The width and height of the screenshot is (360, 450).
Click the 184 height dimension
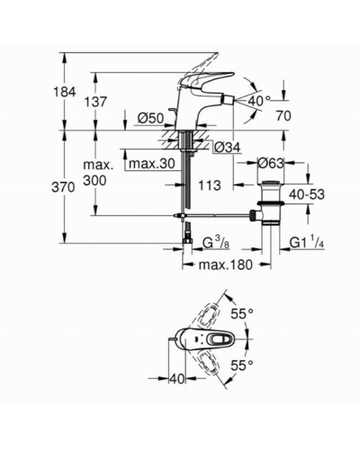65,92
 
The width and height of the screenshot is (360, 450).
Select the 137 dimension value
95,102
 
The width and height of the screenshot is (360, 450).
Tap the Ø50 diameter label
151,119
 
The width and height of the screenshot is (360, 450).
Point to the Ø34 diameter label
228,148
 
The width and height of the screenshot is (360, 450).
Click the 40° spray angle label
259,101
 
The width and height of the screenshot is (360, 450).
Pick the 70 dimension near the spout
283,116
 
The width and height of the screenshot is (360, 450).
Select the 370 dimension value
63,188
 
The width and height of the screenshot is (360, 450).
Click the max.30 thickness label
152,164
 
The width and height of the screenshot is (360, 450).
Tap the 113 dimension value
210,185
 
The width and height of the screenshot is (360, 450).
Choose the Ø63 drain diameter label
271,164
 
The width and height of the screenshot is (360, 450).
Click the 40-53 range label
307,194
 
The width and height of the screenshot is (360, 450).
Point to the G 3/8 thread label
216,244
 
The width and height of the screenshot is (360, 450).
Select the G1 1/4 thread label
307,243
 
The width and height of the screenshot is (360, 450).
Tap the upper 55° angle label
242,314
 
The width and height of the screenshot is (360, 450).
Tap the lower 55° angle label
242,365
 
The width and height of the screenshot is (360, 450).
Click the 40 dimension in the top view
177,379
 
